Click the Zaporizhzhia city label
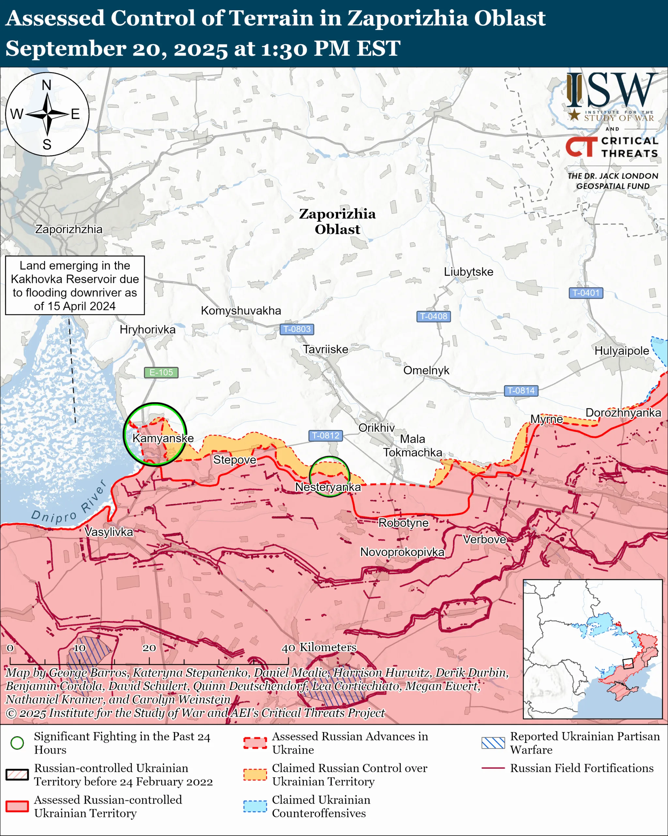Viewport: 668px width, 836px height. point(69,229)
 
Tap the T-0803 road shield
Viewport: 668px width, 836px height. point(296,329)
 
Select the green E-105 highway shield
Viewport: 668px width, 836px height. point(161,372)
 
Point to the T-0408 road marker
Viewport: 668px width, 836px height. point(433,316)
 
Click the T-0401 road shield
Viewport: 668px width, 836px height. point(585,293)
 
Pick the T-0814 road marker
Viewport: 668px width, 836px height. point(521,391)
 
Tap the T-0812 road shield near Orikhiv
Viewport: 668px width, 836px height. point(326,435)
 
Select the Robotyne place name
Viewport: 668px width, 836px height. point(403,523)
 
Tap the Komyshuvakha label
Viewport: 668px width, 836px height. point(241,311)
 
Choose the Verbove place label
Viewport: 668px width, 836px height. point(484,539)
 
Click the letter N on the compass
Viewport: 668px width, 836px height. point(46,85)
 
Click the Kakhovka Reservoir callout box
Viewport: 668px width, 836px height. point(75,285)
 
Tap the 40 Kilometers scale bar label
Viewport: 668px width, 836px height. point(319,647)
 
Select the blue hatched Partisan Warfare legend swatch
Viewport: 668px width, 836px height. point(493,743)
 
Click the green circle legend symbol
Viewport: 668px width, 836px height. point(17,743)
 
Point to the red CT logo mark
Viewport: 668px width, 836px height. point(581,147)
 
